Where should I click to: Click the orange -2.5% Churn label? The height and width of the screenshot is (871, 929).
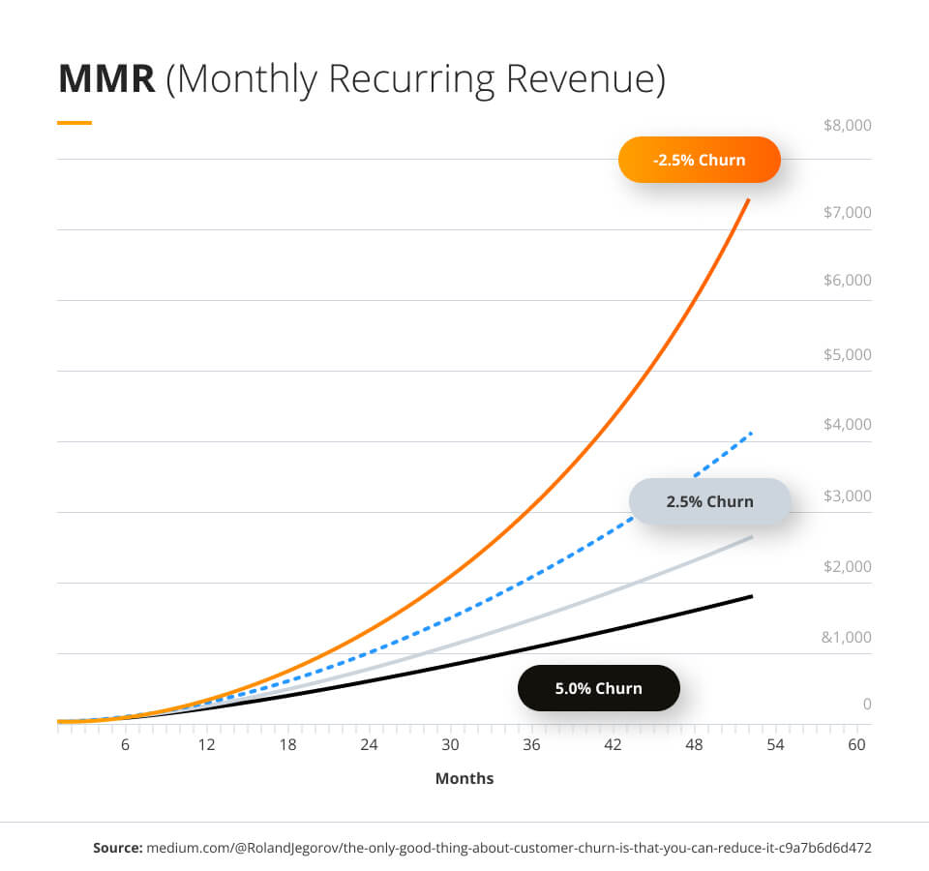point(699,160)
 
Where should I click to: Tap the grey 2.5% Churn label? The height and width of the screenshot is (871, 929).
point(709,501)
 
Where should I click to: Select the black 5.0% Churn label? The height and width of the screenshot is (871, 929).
point(598,688)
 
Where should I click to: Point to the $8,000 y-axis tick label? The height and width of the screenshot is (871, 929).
point(847,126)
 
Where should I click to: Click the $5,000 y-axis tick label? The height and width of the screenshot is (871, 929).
point(847,354)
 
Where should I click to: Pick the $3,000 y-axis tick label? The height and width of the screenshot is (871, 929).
point(847,496)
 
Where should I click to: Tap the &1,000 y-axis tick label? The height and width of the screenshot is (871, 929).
point(847,637)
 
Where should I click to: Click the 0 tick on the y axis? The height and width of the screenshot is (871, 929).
point(867,704)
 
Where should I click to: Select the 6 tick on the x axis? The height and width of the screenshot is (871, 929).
point(125,745)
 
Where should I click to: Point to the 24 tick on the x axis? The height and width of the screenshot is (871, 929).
point(369,745)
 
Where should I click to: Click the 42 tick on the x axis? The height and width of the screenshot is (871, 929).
point(613,745)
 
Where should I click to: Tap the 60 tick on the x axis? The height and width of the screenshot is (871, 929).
point(856,745)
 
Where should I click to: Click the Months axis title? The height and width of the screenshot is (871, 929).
point(464,778)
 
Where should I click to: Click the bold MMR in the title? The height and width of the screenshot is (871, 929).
point(106,79)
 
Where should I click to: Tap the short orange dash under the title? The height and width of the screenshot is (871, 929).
point(75,123)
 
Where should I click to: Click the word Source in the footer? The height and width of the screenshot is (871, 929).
point(116,848)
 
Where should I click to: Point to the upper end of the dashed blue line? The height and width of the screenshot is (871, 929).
point(751,433)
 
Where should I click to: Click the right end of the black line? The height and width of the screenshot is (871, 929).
point(752,595)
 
